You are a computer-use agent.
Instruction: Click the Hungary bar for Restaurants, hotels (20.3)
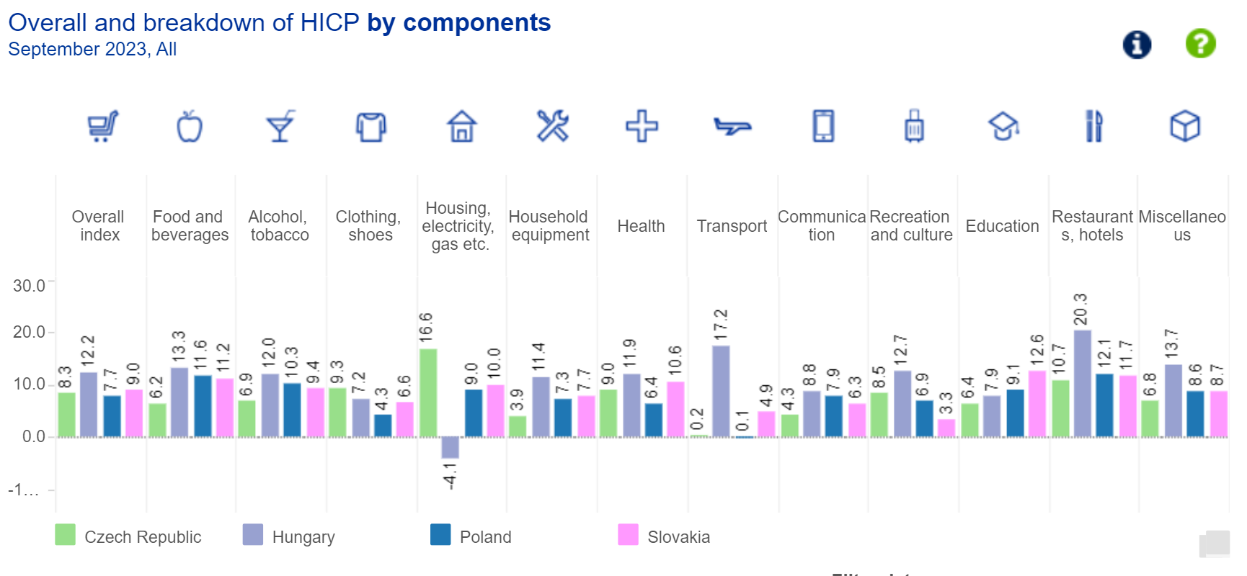click(1083, 383)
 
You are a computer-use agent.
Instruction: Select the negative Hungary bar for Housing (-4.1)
click(451, 447)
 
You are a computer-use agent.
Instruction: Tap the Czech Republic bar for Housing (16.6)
click(428, 392)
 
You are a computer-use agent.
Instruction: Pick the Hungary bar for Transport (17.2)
click(721, 391)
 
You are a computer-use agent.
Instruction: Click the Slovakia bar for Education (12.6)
click(1037, 403)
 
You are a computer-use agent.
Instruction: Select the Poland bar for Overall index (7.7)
click(112, 415)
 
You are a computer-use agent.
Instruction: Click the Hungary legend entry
click(303, 537)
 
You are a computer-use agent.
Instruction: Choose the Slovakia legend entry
click(678, 537)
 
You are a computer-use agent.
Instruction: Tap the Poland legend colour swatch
click(440, 535)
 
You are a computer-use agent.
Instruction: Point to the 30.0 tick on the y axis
click(30, 286)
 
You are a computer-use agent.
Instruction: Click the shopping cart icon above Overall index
click(102, 127)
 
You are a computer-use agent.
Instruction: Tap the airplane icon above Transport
click(732, 127)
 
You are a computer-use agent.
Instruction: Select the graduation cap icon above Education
click(1003, 127)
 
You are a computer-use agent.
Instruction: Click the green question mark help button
click(1201, 44)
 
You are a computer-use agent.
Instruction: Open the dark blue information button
click(1137, 45)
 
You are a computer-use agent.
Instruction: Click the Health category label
click(641, 226)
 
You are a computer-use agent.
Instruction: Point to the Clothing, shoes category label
click(368, 226)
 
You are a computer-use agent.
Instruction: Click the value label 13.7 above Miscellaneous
click(1172, 343)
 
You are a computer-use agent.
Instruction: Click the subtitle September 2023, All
click(92, 50)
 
